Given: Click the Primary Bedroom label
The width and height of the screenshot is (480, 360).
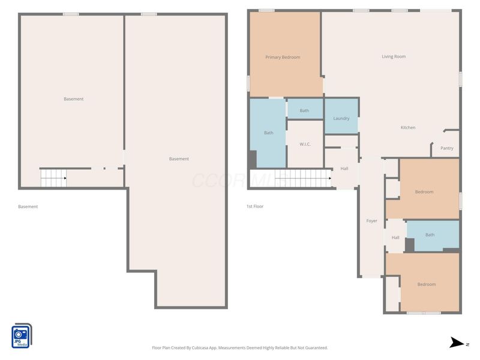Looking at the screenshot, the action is click(283, 57).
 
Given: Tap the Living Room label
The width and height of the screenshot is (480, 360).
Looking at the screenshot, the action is click(394, 56).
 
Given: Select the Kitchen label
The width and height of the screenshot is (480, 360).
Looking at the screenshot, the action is click(408, 127).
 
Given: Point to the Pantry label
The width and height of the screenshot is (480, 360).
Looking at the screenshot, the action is click(446, 148).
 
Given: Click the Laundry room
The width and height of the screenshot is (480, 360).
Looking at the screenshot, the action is click(341, 116).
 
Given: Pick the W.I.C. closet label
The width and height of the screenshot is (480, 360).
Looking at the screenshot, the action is click(305, 144).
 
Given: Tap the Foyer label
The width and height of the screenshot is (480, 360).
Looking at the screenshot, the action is click(371, 221).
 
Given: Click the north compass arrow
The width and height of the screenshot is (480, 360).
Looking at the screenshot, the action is click(457, 343).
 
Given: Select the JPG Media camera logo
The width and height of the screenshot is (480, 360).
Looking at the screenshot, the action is click(22, 336).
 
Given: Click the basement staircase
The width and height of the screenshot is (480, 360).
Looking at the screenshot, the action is click(53, 178).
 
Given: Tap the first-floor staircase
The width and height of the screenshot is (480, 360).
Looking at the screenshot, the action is click(303, 178).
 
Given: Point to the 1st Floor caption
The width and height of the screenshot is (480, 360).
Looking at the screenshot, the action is click(255, 206).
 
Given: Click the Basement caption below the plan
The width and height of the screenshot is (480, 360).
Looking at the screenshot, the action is click(28, 206).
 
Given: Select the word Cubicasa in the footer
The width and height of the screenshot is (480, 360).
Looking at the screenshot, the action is click(200, 348).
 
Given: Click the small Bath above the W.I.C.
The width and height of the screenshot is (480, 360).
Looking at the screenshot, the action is click(304, 110).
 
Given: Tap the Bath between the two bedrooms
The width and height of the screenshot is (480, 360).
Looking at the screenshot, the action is click(430, 235).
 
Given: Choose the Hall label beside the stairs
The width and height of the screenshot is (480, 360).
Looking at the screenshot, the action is click(344, 169).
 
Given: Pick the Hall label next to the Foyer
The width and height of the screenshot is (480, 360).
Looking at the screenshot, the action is click(395, 238).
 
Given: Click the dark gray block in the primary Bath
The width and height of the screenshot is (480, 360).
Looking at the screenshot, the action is click(253, 160).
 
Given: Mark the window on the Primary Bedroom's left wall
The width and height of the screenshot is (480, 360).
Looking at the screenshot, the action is click(248, 83).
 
